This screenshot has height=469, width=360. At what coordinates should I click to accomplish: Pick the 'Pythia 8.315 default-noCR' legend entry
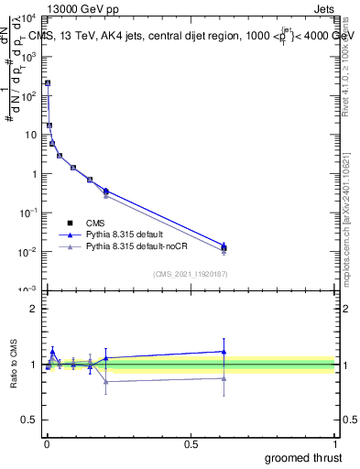click(138, 246)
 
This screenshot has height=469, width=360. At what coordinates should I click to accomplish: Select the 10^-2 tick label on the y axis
click(29, 251)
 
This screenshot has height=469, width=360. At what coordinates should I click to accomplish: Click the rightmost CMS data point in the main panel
click(224, 247)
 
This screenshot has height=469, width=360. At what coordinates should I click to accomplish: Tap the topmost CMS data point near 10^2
click(48, 83)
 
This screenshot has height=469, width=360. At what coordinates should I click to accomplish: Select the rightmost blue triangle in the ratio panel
click(224, 351)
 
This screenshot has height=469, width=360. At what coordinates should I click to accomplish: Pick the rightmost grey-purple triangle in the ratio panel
click(224, 377)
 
